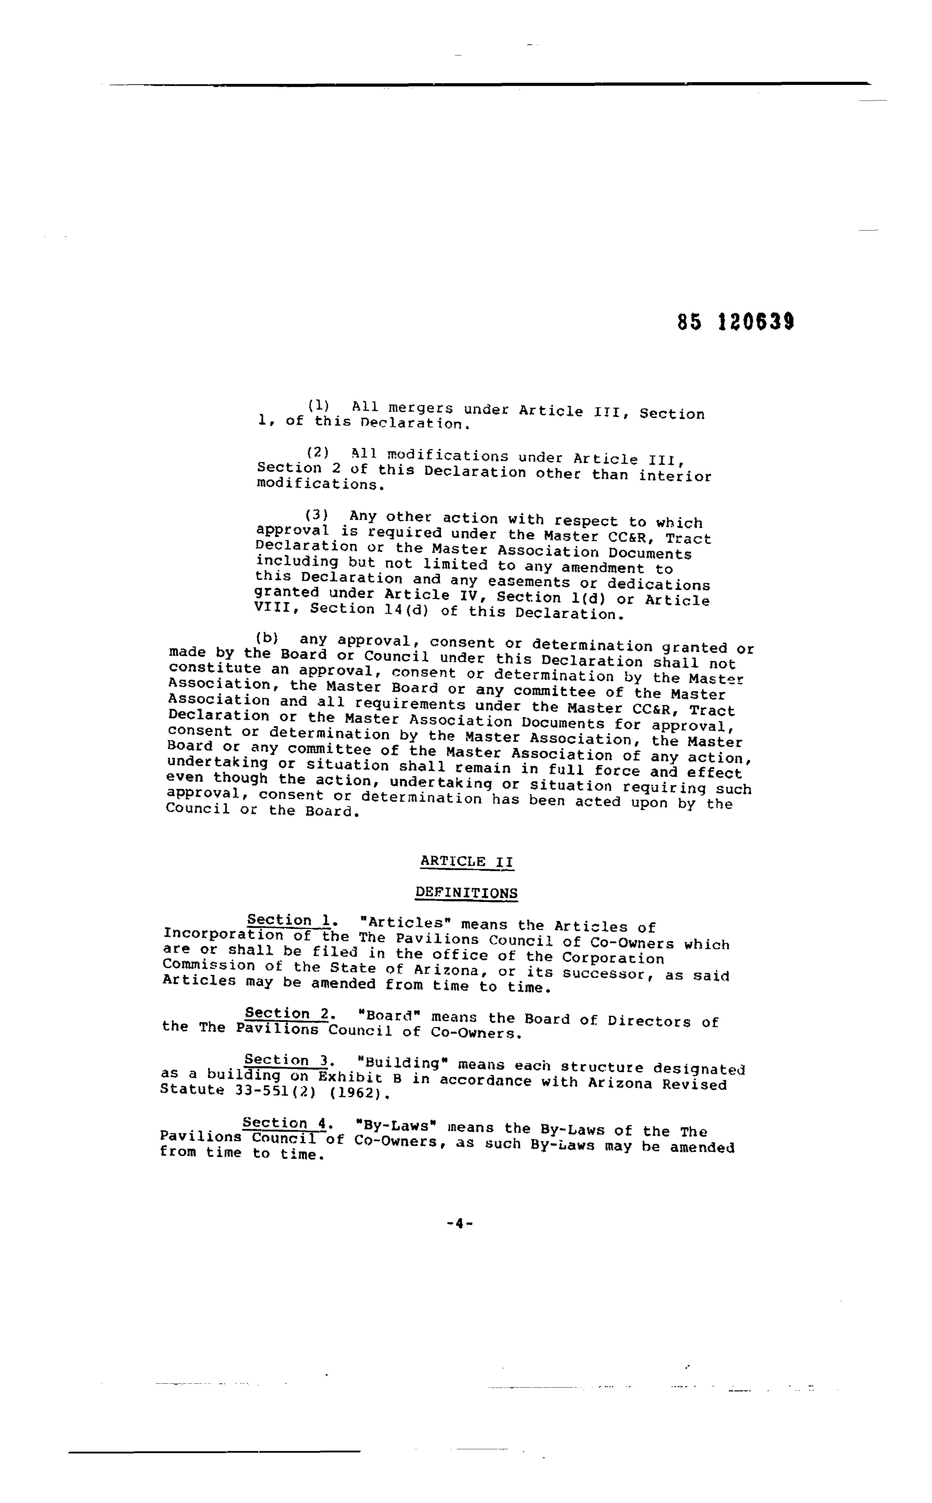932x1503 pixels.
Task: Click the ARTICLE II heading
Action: [467, 861]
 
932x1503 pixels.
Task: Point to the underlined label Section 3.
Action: [286, 1060]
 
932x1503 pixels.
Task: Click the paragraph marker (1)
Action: [319, 406]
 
